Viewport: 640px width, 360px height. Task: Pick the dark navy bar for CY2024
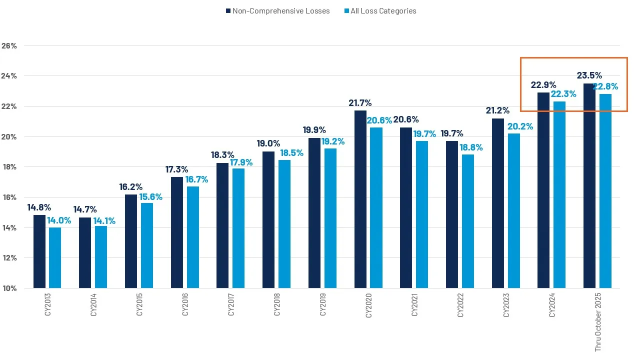(543, 190)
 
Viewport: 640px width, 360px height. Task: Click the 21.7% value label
(360, 103)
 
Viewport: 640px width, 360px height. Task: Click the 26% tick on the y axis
(9, 45)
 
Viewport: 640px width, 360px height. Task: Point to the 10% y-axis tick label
(9, 288)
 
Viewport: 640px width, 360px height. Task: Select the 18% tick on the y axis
(9, 167)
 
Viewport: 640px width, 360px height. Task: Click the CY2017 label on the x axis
(231, 304)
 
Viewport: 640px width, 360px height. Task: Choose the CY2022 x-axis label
(460, 304)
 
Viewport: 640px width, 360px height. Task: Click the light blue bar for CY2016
(192, 237)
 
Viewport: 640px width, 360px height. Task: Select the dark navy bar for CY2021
(406, 207)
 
